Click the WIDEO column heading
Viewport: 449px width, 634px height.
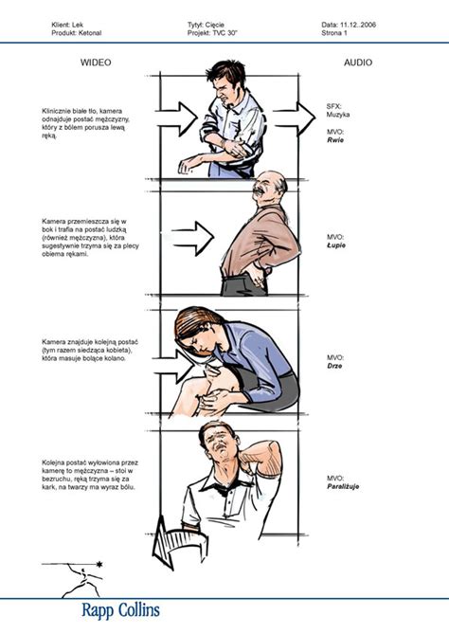point(96,63)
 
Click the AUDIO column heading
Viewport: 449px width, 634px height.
point(358,63)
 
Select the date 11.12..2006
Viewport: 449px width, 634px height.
point(358,25)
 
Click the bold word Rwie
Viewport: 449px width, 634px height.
point(335,140)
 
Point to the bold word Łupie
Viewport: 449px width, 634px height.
point(336,245)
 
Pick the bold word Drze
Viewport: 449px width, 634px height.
point(334,366)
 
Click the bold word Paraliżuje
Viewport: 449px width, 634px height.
point(343,486)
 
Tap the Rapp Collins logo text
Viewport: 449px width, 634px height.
point(121,610)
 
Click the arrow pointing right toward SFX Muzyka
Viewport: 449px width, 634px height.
point(294,118)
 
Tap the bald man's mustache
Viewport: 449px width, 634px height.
point(259,190)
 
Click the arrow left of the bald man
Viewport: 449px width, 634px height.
point(193,238)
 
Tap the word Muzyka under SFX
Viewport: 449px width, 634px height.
point(338,115)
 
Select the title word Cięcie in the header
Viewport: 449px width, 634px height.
point(215,25)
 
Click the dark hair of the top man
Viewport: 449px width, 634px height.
point(224,72)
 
